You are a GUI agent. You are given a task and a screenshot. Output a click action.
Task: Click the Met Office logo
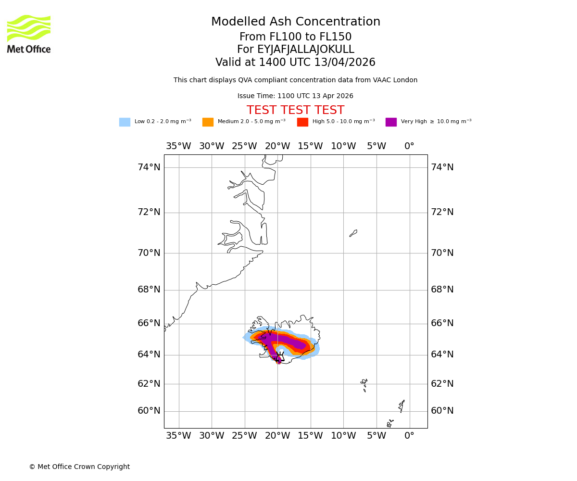click(29, 34)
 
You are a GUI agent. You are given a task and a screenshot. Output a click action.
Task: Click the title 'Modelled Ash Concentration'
click(296, 22)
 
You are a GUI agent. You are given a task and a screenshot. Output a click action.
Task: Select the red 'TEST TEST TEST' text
click(295, 111)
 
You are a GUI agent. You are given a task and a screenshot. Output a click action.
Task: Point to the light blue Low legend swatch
click(125, 122)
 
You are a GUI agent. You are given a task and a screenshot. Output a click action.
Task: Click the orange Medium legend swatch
click(208, 122)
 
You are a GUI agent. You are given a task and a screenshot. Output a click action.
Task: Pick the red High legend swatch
click(302, 122)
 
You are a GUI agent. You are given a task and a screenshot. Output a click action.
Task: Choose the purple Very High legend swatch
click(391, 122)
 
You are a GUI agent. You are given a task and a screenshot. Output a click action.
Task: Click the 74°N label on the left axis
click(149, 167)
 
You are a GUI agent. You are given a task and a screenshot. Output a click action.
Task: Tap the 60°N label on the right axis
click(442, 411)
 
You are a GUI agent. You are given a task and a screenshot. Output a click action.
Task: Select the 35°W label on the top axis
click(178, 146)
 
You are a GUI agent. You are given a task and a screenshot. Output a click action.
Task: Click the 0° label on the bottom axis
click(409, 436)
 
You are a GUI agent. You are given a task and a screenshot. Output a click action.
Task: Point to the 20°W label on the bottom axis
click(277, 436)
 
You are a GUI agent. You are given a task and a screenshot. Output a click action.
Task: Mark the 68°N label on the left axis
click(149, 290)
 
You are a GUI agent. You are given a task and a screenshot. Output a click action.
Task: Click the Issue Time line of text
click(295, 96)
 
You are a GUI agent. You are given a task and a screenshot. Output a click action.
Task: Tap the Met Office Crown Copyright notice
click(79, 467)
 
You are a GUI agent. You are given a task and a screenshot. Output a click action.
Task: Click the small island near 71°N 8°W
click(353, 233)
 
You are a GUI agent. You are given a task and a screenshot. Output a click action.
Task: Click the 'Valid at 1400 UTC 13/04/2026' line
click(295, 63)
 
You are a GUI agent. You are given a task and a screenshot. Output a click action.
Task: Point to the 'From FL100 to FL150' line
click(295, 37)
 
